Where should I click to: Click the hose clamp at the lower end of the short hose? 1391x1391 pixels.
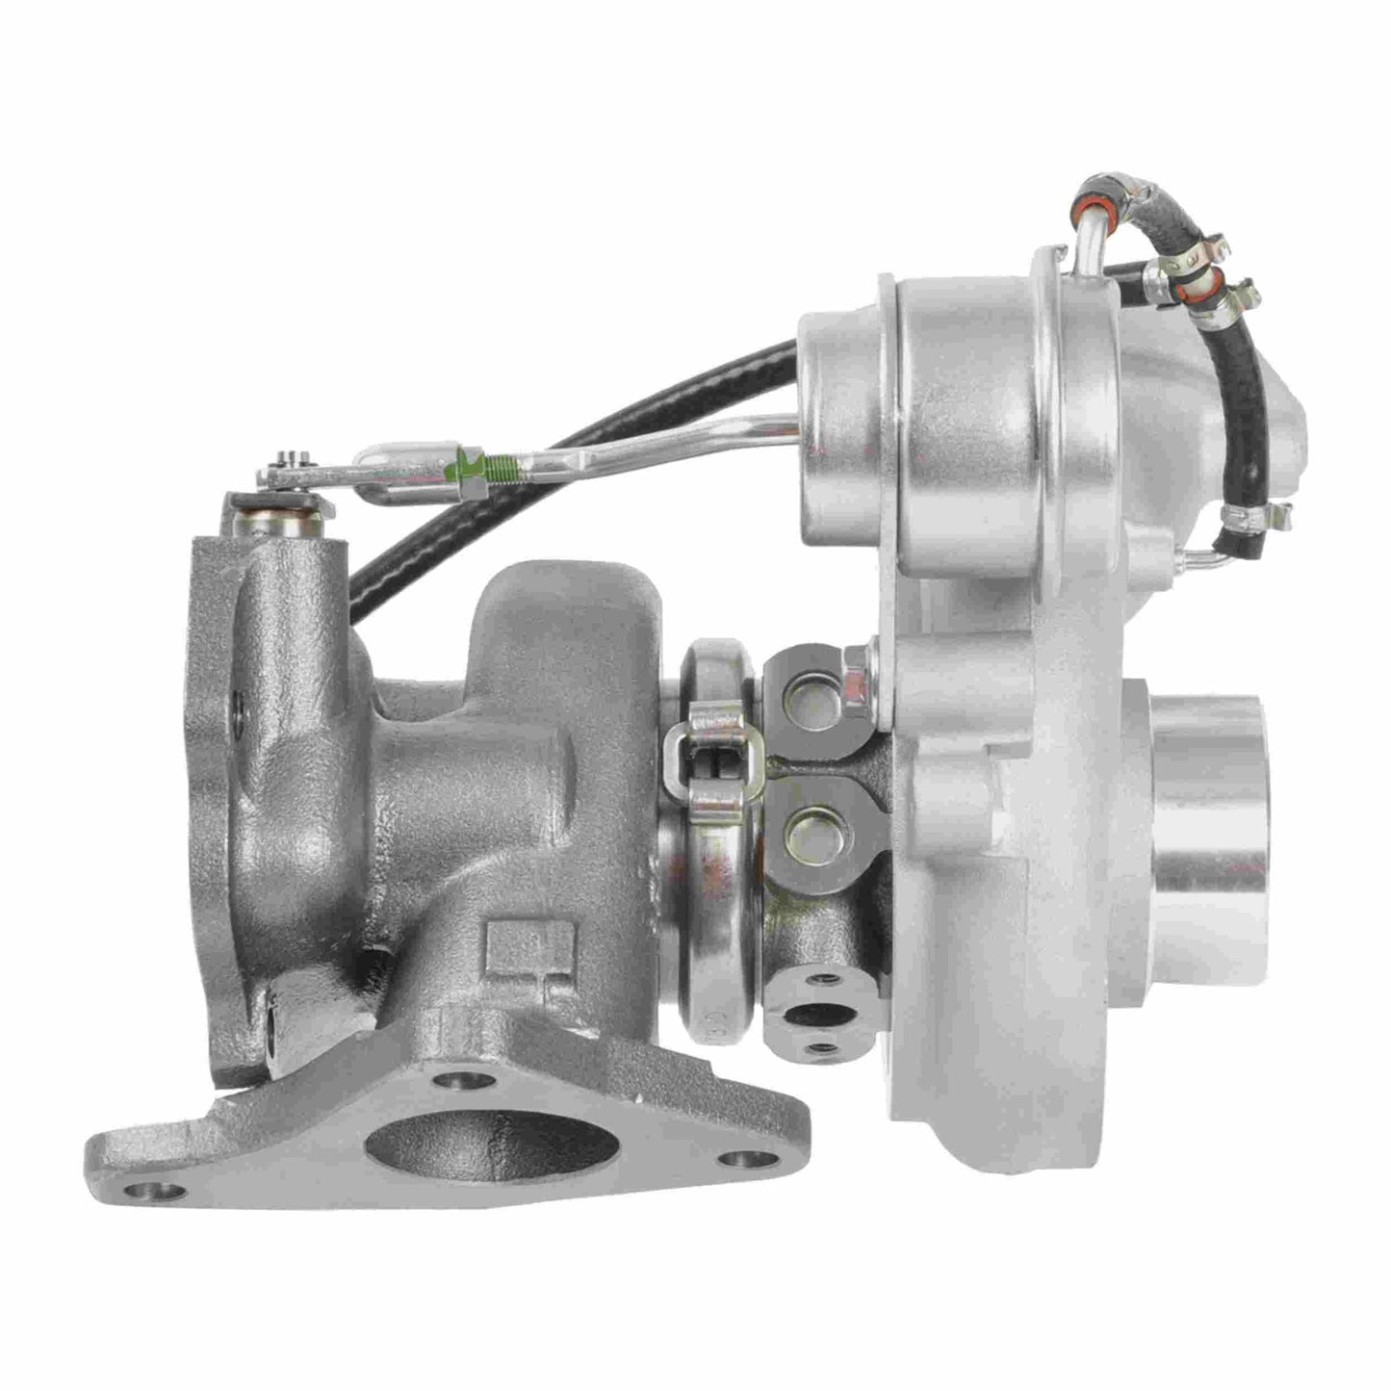[x=1247, y=521]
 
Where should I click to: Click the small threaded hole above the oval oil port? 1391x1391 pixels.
[x=820, y=979]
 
